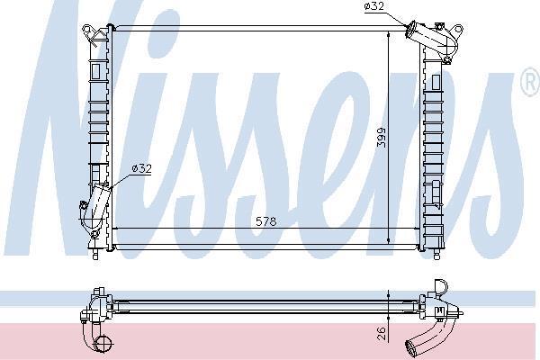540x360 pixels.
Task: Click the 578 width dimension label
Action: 265,221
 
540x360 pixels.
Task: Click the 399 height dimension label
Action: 382,138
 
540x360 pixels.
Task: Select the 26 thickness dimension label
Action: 382,334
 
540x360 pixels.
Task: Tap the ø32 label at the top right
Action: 373,6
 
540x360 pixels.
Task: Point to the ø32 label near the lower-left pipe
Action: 141,168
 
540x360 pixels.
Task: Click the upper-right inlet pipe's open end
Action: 410,28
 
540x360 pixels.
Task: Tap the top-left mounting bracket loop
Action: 87,30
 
